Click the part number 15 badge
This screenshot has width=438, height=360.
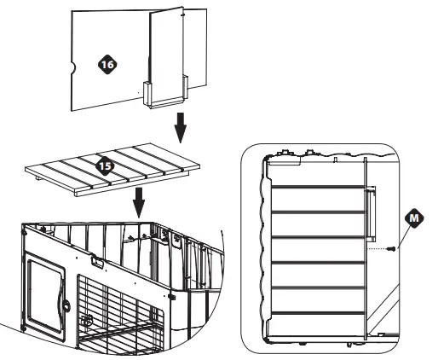tap(104, 166)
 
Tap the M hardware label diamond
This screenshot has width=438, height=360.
tap(414, 218)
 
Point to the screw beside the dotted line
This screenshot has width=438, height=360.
tap(389, 250)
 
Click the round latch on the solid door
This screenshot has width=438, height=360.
tap(64, 303)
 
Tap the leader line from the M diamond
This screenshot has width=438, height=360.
tap(401, 233)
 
